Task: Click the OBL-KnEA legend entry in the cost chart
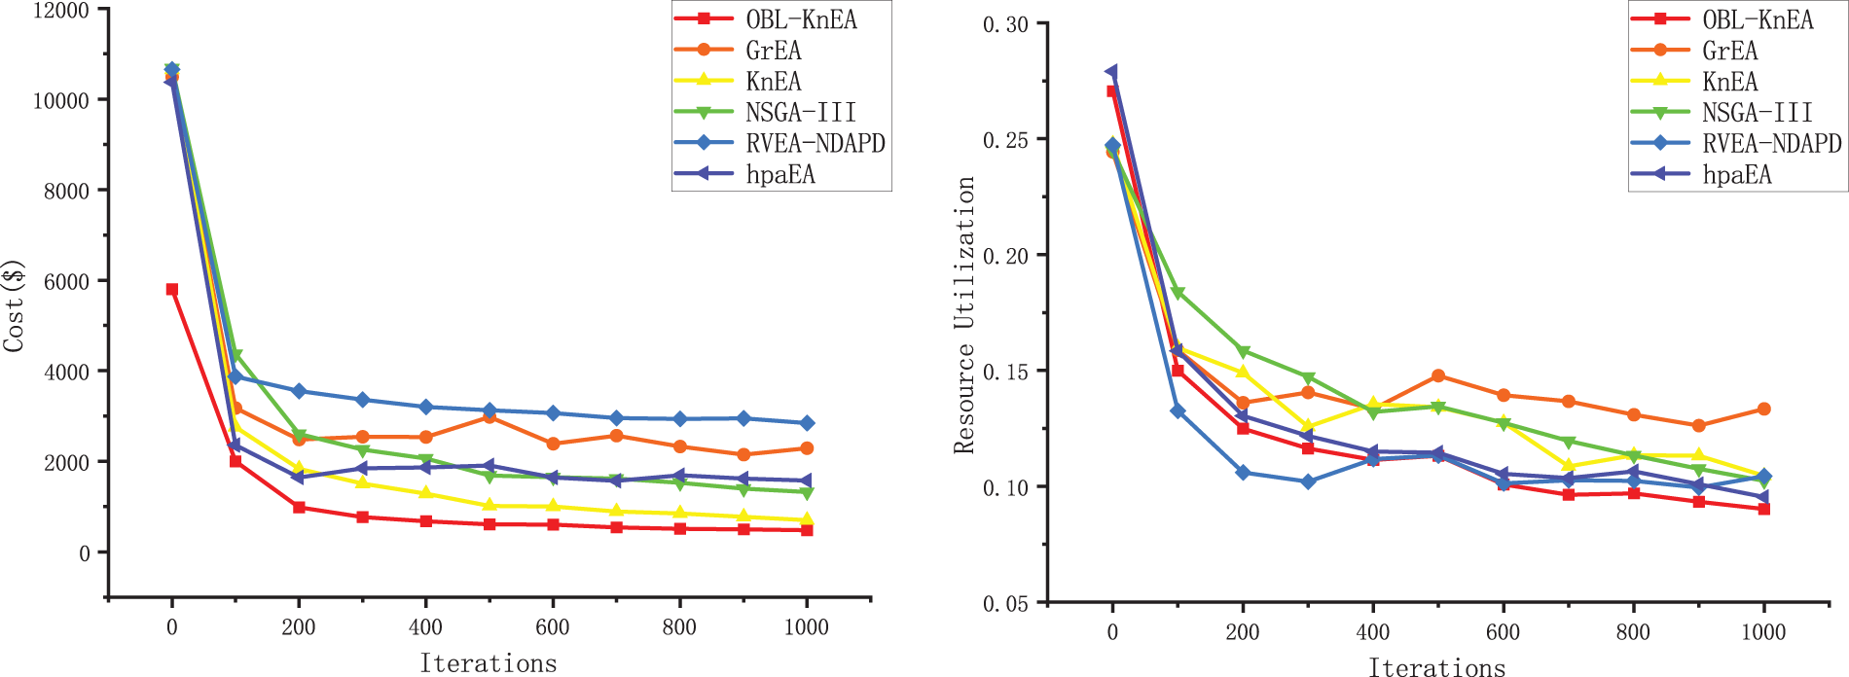click(x=801, y=19)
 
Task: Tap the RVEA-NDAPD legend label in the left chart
click(x=816, y=144)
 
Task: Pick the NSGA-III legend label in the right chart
click(x=1758, y=113)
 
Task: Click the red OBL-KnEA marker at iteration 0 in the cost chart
click(x=172, y=289)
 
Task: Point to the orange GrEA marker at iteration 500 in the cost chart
click(x=489, y=416)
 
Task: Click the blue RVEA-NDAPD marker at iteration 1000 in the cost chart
click(x=807, y=423)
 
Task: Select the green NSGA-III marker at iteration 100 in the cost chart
click(x=236, y=356)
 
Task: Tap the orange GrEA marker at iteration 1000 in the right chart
click(x=1763, y=410)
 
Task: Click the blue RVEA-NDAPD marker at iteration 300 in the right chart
click(x=1308, y=481)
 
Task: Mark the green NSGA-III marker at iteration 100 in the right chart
click(x=1178, y=293)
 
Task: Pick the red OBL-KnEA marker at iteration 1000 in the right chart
click(x=1763, y=509)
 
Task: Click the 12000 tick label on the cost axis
click(x=59, y=11)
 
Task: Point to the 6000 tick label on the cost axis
click(x=66, y=281)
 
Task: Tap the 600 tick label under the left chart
click(x=552, y=627)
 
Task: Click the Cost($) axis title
click(x=14, y=305)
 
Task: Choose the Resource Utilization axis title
click(x=964, y=314)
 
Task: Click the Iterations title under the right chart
click(x=1436, y=666)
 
